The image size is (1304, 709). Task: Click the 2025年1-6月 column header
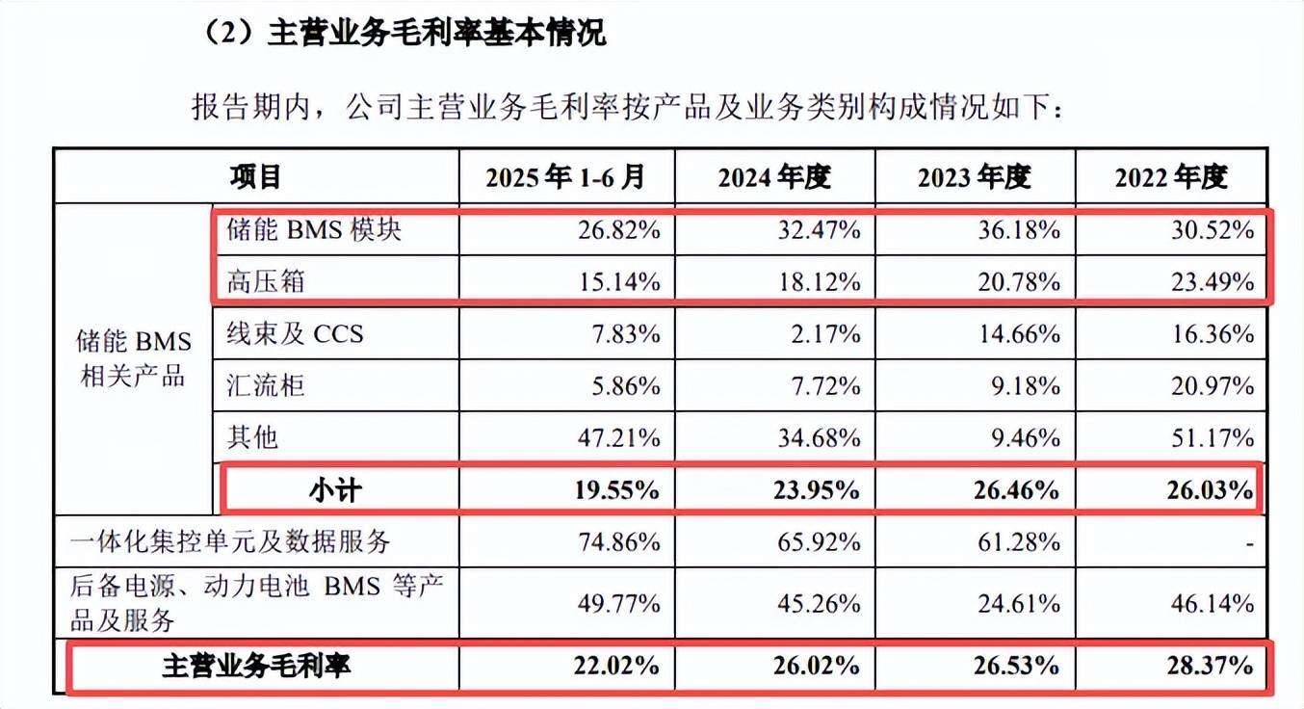tap(565, 176)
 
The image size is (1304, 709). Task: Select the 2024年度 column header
tap(773, 176)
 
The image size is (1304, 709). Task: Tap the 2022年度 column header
tap(1171, 176)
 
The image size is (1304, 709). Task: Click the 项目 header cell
tap(255, 176)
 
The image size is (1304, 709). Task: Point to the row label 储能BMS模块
tap(314, 230)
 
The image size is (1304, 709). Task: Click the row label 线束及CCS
tap(295, 333)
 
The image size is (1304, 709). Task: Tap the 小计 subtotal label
tap(335, 489)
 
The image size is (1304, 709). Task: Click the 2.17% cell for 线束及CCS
tap(827, 333)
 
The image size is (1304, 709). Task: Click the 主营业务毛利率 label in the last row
tap(256, 666)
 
